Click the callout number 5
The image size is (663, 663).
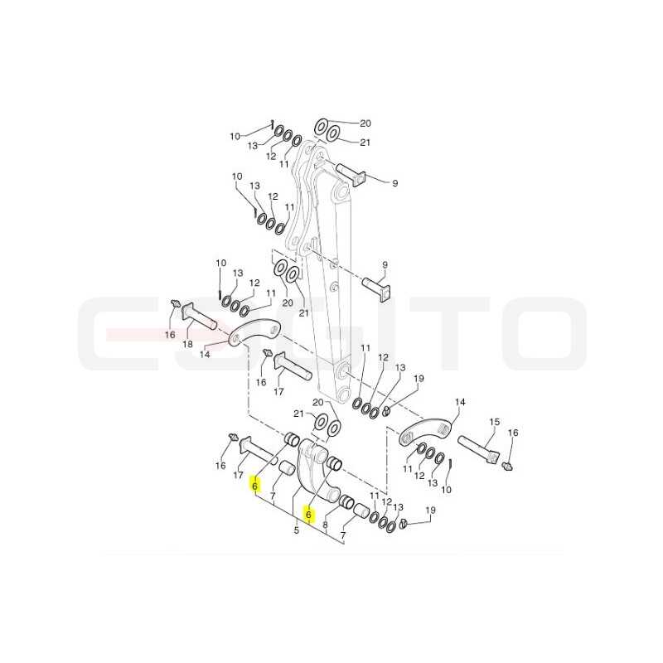pos(296,530)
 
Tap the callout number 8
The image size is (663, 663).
pos(325,525)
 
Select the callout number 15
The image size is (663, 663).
pos(494,422)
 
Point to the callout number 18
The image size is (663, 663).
pos(188,344)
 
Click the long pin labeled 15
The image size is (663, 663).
pos(479,451)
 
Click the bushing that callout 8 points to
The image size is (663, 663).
pos(347,502)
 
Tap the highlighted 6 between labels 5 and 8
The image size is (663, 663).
pos(308,515)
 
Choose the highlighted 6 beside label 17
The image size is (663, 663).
pos(254,486)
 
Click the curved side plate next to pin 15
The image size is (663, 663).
pos(425,430)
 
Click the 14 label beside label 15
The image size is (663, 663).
pos(460,402)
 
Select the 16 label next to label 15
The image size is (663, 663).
pos(512,433)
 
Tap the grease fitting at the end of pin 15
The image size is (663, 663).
pos(507,467)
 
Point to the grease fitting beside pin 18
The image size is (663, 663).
pos(175,302)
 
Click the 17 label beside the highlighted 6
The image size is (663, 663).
pos(238,475)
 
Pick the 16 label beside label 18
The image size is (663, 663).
pos(170,335)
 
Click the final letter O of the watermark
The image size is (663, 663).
pos(544,334)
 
